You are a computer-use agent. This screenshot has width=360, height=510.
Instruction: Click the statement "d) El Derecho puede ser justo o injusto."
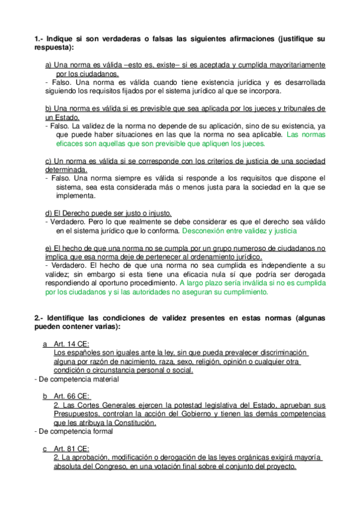coord(108,214)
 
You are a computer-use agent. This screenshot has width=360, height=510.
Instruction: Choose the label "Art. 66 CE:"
coord(72,397)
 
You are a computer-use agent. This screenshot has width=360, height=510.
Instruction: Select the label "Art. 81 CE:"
coord(72,449)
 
